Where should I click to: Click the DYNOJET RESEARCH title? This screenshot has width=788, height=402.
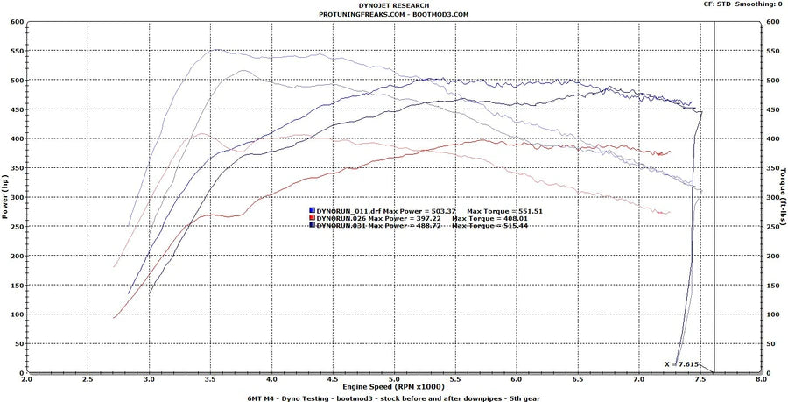pyautogui.click(x=394, y=5)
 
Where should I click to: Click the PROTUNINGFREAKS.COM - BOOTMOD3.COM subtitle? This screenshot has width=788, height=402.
pyautogui.click(x=394, y=14)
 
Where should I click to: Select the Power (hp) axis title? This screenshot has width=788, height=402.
pyautogui.click(x=5, y=197)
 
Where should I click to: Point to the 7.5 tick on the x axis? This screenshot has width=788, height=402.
pyautogui.click(x=700, y=380)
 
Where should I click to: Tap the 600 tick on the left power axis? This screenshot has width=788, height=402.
pyautogui.click(x=18, y=22)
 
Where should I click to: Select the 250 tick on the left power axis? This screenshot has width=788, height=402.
pyautogui.click(x=18, y=227)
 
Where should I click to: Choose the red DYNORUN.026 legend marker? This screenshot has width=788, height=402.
pyautogui.click(x=312, y=218)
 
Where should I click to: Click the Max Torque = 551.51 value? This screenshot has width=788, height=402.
pyautogui.click(x=498, y=211)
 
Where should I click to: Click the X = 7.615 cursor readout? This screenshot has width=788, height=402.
pyautogui.click(x=683, y=363)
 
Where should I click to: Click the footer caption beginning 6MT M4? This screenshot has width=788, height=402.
pyautogui.click(x=394, y=397)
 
